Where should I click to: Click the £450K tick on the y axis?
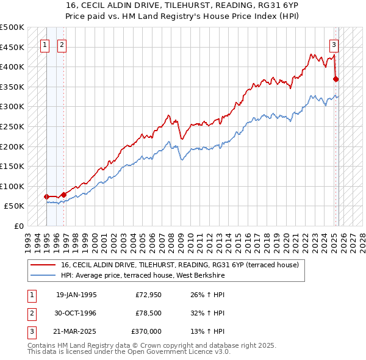coord(12,47)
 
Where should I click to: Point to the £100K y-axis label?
coord(12,186)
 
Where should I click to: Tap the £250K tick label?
coord(12,126)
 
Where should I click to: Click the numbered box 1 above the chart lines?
coord(46,44)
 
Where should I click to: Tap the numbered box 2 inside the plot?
coord(63,44)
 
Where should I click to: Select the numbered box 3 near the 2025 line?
coord(334,44)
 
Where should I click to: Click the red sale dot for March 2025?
coord(336,78)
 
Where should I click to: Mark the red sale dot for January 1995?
coord(46,196)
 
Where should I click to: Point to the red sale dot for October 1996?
coord(63,194)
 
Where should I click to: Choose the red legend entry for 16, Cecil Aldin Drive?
coord(179,265)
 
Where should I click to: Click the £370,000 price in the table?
coord(146,331)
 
